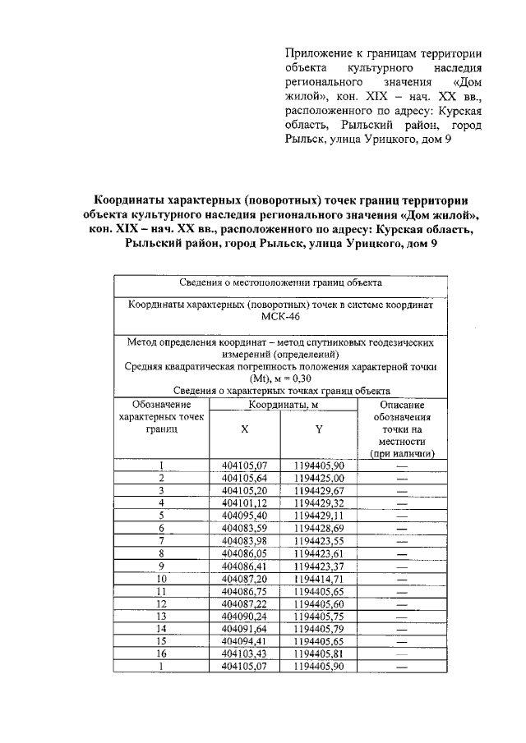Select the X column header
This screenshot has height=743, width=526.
coord(245,429)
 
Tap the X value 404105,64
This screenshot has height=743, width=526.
coord(245,478)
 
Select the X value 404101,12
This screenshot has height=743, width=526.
coord(245,502)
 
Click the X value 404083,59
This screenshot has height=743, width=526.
coord(245,527)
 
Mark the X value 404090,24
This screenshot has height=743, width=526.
coord(245,616)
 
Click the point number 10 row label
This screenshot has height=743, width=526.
coord(162,579)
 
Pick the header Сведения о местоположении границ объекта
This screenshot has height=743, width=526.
coord(282,282)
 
